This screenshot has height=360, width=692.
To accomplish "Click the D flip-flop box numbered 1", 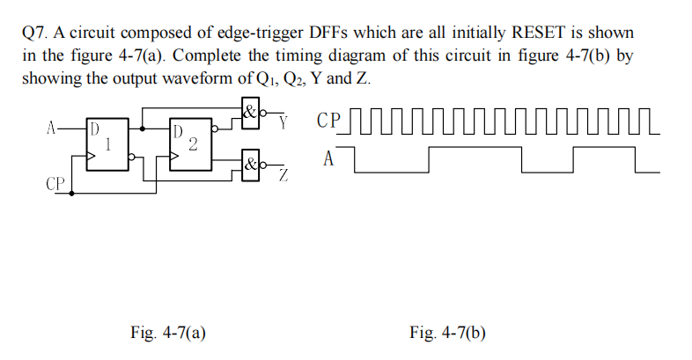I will (105, 143).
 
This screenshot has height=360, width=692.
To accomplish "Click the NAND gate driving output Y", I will (251, 114).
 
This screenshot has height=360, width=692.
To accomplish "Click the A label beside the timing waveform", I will (329, 160).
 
